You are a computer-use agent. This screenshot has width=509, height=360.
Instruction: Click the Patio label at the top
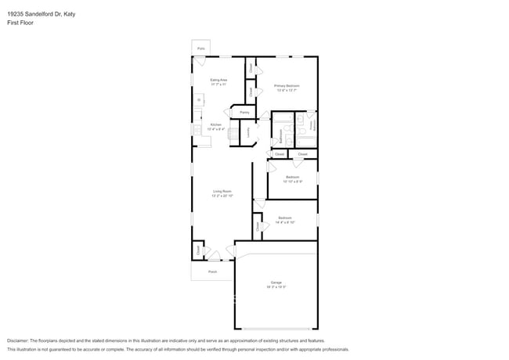tap(201, 49)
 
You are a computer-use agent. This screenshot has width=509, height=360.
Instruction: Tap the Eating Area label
tap(218, 81)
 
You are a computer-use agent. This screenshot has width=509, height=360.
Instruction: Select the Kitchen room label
tap(216, 125)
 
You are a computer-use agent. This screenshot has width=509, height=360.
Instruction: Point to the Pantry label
tap(244, 113)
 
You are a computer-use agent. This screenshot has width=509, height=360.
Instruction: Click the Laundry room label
tap(248, 133)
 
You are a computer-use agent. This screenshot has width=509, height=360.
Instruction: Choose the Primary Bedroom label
tap(287, 85)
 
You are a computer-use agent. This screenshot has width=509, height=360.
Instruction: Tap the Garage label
tap(276, 283)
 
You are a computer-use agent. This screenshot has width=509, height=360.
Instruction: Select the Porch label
tap(212, 272)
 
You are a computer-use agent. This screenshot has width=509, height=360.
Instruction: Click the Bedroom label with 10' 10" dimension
tap(292, 177)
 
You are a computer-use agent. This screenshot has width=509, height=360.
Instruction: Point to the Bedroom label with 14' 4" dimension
tap(285, 218)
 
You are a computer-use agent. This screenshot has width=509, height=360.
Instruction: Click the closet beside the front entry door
tap(198, 250)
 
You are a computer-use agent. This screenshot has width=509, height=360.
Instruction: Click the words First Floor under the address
tap(21, 23)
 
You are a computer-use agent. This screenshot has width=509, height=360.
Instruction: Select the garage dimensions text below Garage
tap(276, 287)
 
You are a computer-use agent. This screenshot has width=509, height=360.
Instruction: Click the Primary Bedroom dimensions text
tap(287, 90)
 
